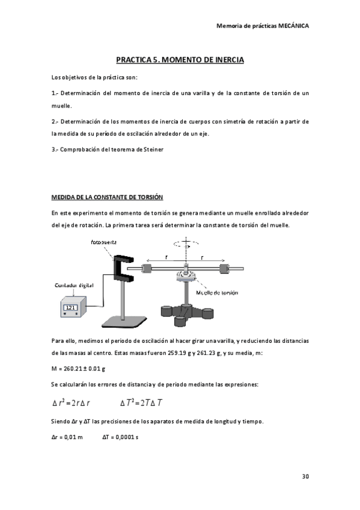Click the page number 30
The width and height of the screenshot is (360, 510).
305,477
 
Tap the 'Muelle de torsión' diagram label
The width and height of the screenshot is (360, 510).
218,293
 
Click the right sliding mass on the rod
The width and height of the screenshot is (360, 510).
224,268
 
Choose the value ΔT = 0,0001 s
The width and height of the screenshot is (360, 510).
120,436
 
